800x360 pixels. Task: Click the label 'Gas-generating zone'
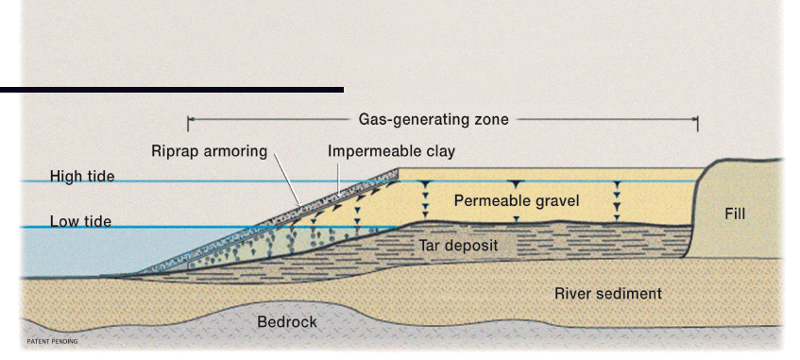click(x=434, y=120)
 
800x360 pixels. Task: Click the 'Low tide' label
click(x=80, y=222)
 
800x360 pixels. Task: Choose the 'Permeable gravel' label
click(x=516, y=201)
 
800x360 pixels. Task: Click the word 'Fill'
click(x=735, y=214)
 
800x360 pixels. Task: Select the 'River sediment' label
click(x=607, y=294)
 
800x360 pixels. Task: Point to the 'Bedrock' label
click(x=287, y=322)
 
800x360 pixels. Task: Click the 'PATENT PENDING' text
click(x=52, y=341)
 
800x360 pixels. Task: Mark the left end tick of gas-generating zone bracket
click(x=188, y=122)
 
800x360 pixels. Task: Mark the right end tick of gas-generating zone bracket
click(x=697, y=122)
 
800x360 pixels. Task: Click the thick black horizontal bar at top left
click(x=171, y=89)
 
